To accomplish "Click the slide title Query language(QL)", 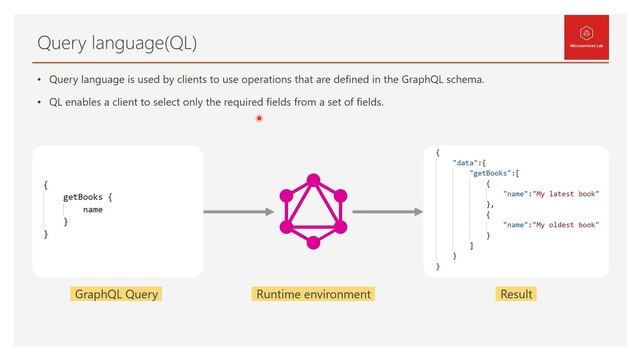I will point(117,43).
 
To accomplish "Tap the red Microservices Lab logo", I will point(584,37).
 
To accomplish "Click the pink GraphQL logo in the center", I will point(313,210).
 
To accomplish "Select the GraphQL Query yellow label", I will point(117,294).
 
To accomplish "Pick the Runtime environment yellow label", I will point(314,294).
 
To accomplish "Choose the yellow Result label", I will point(516,294).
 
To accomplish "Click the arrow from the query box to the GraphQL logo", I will point(238,211).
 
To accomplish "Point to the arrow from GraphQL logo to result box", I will point(387,211).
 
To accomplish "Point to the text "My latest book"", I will point(566,193).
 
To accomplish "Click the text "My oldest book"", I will point(566,225).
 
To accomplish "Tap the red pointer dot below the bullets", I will point(259,118).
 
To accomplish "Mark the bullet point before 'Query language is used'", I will point(39,79).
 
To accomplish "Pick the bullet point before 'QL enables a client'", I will point(39,102).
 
